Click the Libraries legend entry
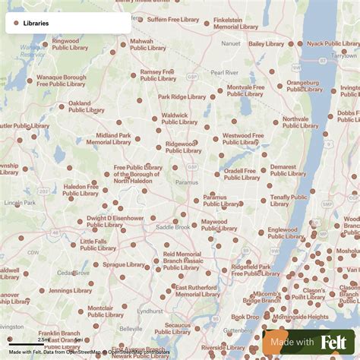[x=35, y=23]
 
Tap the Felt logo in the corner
[x=333, y=342]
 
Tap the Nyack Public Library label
[x=331, y=44]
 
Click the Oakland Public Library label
[x=86, y=106]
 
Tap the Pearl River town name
[x=224, y=72]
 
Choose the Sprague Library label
[x=123, y=265]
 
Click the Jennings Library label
[x=71, y=290]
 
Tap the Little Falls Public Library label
[x=99, y=245]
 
